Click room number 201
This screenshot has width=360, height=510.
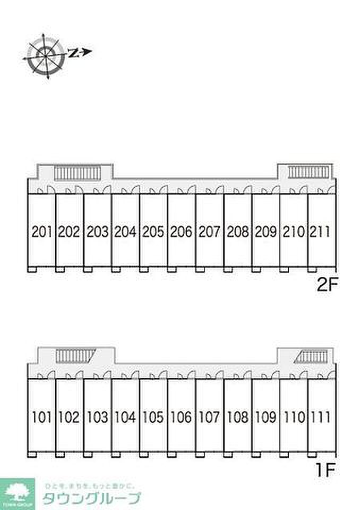tap(41, 232)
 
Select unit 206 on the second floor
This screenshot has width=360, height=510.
tap(181, 232)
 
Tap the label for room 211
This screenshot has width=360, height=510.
tap(320, 232)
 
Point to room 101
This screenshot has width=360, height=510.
tap(41, 418)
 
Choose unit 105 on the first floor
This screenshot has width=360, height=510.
tap(153, 418)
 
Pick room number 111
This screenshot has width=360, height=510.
tap(320, 418)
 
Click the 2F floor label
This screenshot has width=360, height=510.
tap(327, 286)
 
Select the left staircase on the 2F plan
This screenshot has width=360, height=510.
tap(78, 173)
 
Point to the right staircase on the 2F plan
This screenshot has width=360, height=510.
tap(308, 172)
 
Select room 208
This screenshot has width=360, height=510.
tap(237, 232)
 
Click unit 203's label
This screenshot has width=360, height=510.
tap(97, 232)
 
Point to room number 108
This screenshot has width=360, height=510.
tap(237, 418)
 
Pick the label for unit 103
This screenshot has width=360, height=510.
tap(97, 418)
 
